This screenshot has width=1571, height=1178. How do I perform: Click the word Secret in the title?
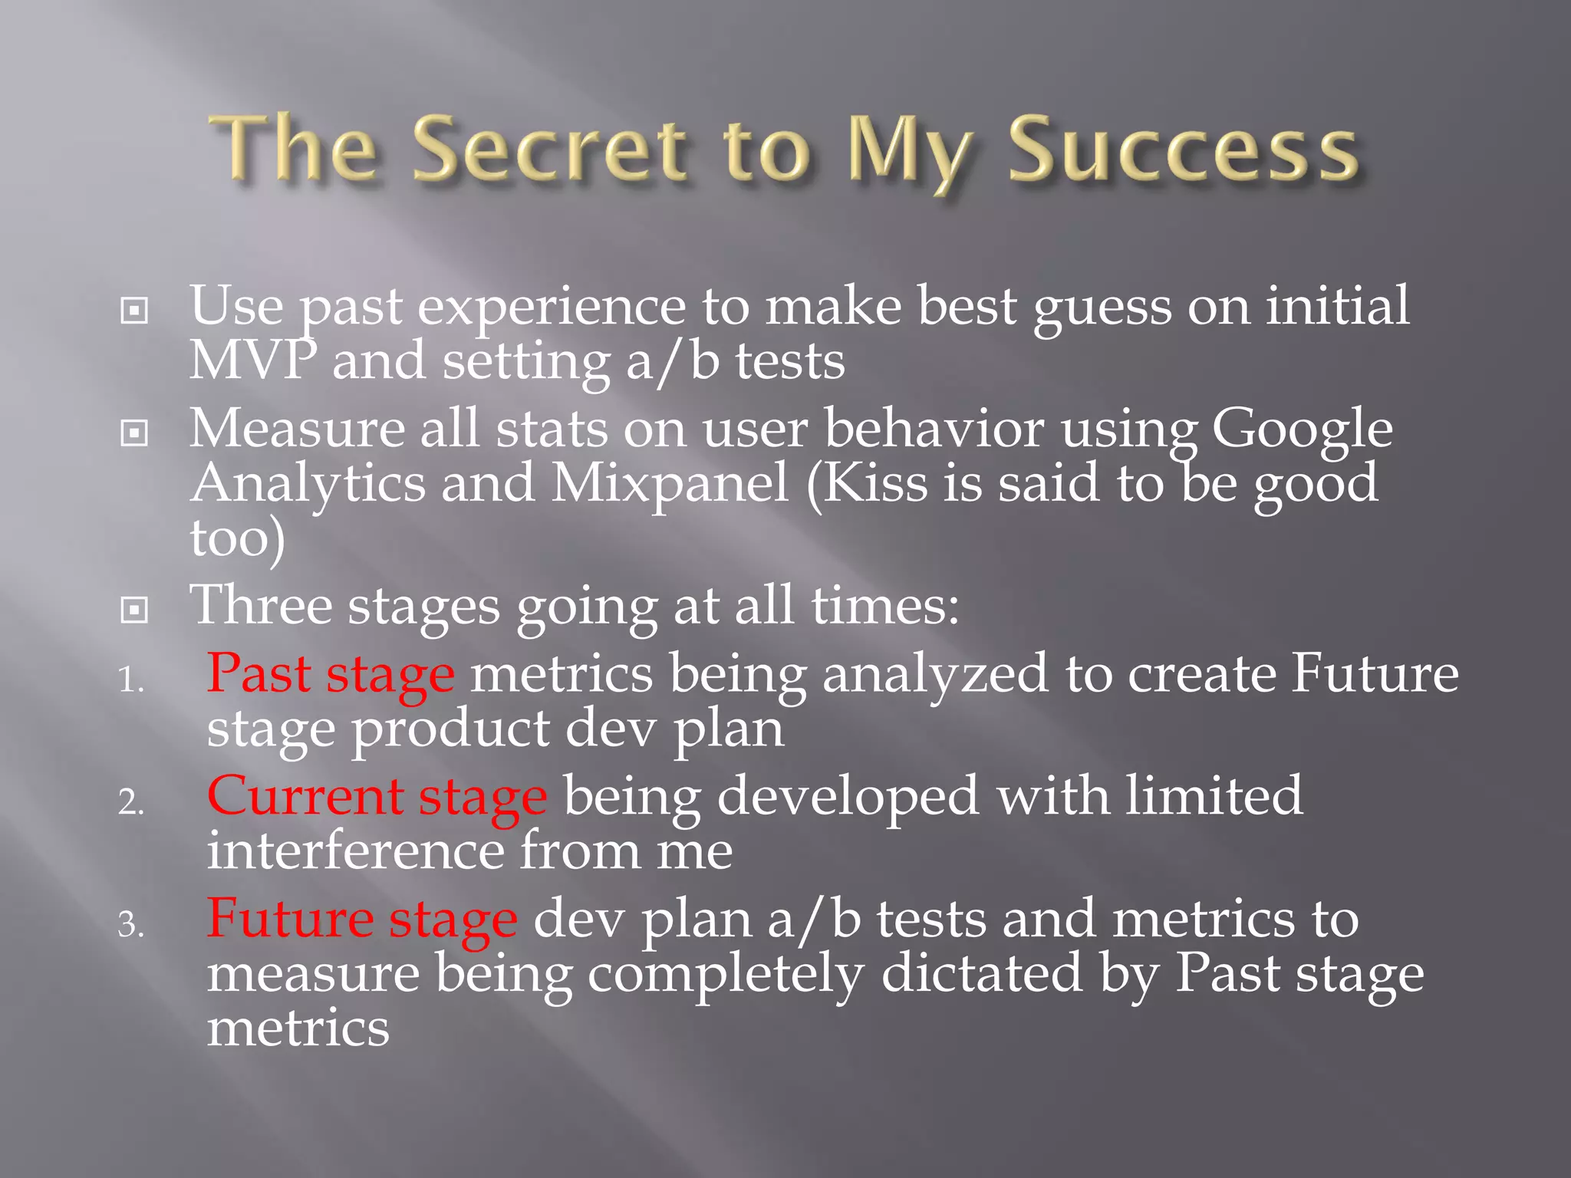pos(549,150)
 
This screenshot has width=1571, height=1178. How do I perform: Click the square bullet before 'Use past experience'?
pos(134,311)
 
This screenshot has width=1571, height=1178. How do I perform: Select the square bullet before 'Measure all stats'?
pos(134,433)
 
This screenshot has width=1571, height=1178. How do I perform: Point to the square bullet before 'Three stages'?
pos(134,610)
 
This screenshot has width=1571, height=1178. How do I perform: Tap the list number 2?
pos(130,802)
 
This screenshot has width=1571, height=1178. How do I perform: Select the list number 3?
pos(130,925)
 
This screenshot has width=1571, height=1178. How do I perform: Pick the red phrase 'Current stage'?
pos(377,797)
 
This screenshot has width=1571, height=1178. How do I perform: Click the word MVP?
pos(252,360)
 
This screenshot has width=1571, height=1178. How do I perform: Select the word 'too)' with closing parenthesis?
pos(237,538)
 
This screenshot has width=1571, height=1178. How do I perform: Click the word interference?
pos(355,851)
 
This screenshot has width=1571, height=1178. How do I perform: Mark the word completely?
pos(726,974)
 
